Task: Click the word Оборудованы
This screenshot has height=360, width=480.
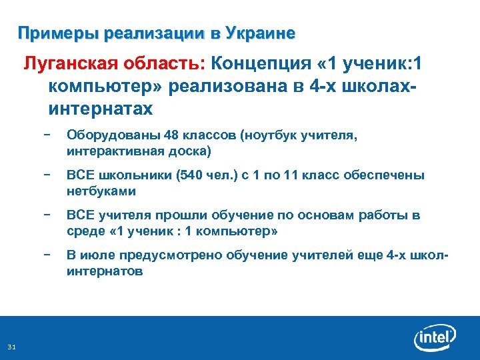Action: [x=101, y=137]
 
